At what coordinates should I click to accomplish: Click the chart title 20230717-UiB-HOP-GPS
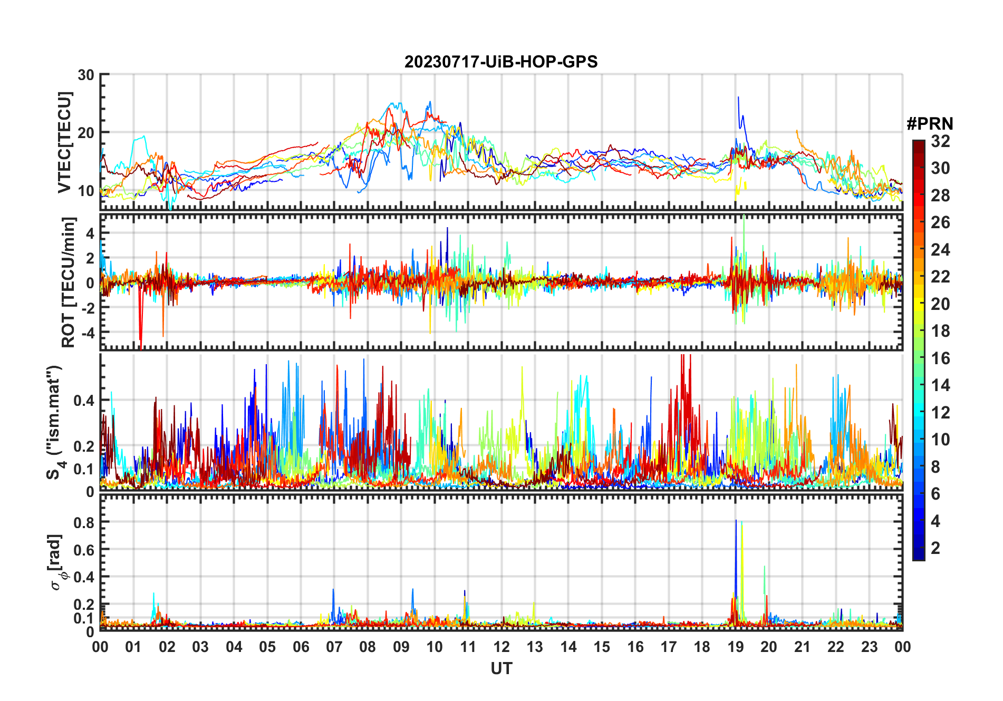[501, 62]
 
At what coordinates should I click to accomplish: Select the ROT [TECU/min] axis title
[68, 282]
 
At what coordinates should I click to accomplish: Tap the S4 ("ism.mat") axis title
[54, 422]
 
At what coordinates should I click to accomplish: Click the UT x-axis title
[501, 669]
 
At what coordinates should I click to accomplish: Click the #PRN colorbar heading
[930, 124]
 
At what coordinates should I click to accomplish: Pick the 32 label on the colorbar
[940, 141]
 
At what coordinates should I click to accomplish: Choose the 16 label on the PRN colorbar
[940, 358]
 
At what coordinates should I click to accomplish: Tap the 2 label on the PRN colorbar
[936, 548]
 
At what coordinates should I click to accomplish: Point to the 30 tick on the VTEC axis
[86, 75]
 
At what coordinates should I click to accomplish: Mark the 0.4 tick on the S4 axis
[84, 400]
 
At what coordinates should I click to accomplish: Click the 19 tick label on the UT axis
[735, 647]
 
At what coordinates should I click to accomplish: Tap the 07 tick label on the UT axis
[334, 647]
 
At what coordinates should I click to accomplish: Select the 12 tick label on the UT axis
[502, 647]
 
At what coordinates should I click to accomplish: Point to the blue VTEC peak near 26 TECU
[738, 98]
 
